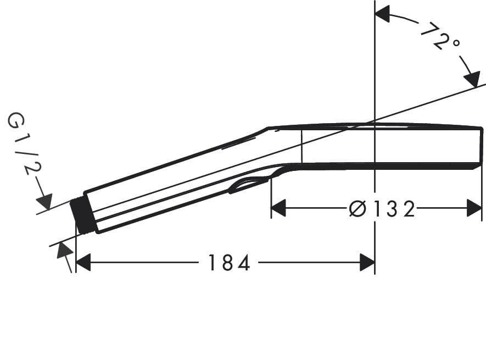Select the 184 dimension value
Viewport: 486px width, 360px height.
pos(229,263)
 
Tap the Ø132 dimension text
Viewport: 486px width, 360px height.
pos(382,209)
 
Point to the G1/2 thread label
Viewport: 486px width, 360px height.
pos(24,144)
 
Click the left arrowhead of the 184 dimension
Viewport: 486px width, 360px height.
pos(83,263)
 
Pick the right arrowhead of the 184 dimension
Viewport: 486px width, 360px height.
pos(367,263)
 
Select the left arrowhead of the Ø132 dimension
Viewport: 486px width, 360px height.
pos(279,208)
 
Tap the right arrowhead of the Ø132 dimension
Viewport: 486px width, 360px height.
pos(474,208)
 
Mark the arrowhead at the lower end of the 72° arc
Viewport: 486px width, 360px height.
pos(471,79)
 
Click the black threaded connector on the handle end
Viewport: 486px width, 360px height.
pos(84,215)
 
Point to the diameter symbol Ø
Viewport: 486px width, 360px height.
pos(357,209)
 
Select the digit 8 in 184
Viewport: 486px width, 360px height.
pos(228,263)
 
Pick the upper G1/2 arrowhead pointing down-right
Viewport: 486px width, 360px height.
pos(44,201)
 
